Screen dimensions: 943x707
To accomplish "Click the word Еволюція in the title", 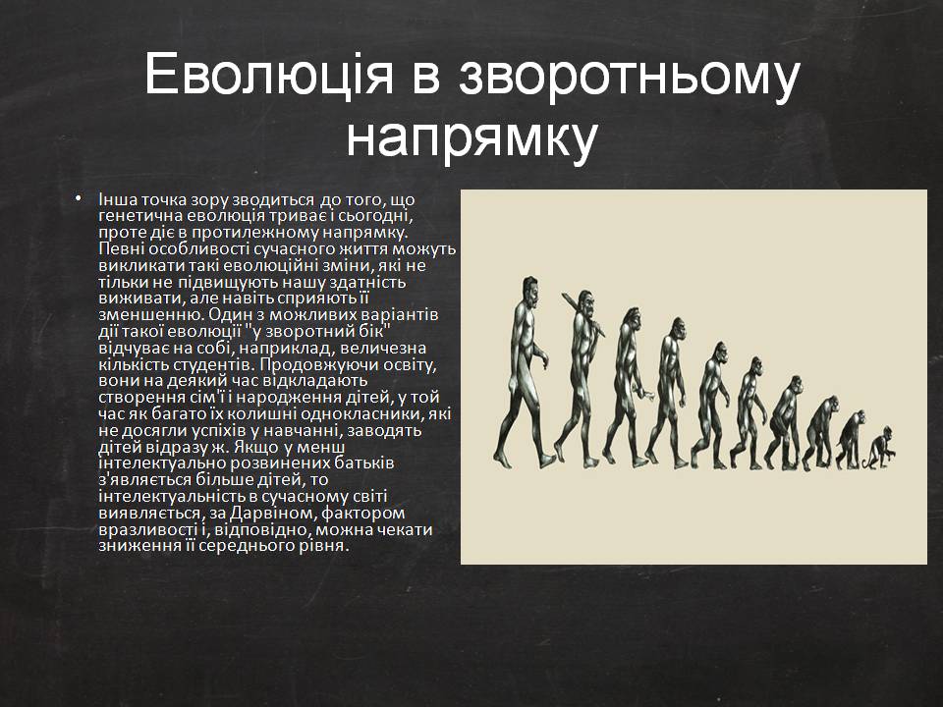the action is tap(269, 76).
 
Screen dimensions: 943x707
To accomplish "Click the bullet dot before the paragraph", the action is tap(79, 197).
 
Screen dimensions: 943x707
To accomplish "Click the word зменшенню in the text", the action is tap(150, 315).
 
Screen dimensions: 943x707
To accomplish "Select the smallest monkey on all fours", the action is tap(880, 449).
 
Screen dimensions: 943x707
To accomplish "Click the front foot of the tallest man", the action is tap(547, 462).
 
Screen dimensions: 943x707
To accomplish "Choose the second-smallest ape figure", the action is tap(850, 440).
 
